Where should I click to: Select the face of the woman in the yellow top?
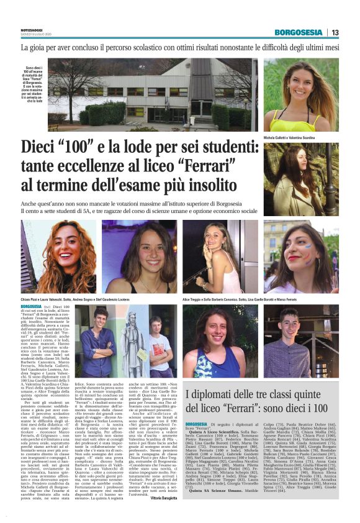tap(302, 81)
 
